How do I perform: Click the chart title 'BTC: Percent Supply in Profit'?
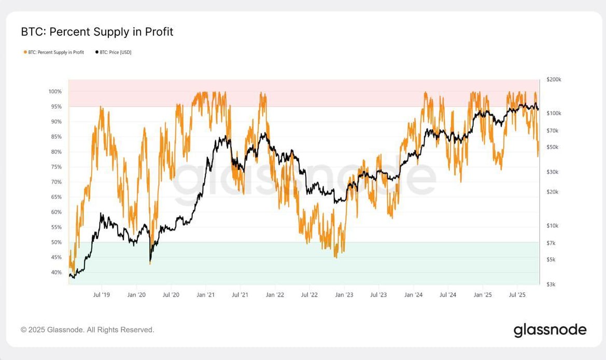point(97,32)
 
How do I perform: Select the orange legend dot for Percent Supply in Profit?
point(25,52)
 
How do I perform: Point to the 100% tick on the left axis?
point(55,92)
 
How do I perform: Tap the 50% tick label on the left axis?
point(56,243)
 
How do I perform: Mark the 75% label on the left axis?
point(56,167)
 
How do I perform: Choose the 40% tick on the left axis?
point(56,273)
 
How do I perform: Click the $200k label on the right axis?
point(554,80)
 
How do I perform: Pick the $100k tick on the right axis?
point(554,113)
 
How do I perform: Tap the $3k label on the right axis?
point(551,284)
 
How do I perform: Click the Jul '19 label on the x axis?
point(101,295)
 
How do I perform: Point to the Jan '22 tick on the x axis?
point(275,295)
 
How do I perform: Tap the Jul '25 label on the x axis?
point(517,295)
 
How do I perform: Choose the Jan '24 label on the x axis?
point(413,295)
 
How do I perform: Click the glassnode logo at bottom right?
point(550,330)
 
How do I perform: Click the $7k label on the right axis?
point(551,243)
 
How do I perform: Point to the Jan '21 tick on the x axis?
point(206,295)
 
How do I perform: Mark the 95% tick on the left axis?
point(56,107)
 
